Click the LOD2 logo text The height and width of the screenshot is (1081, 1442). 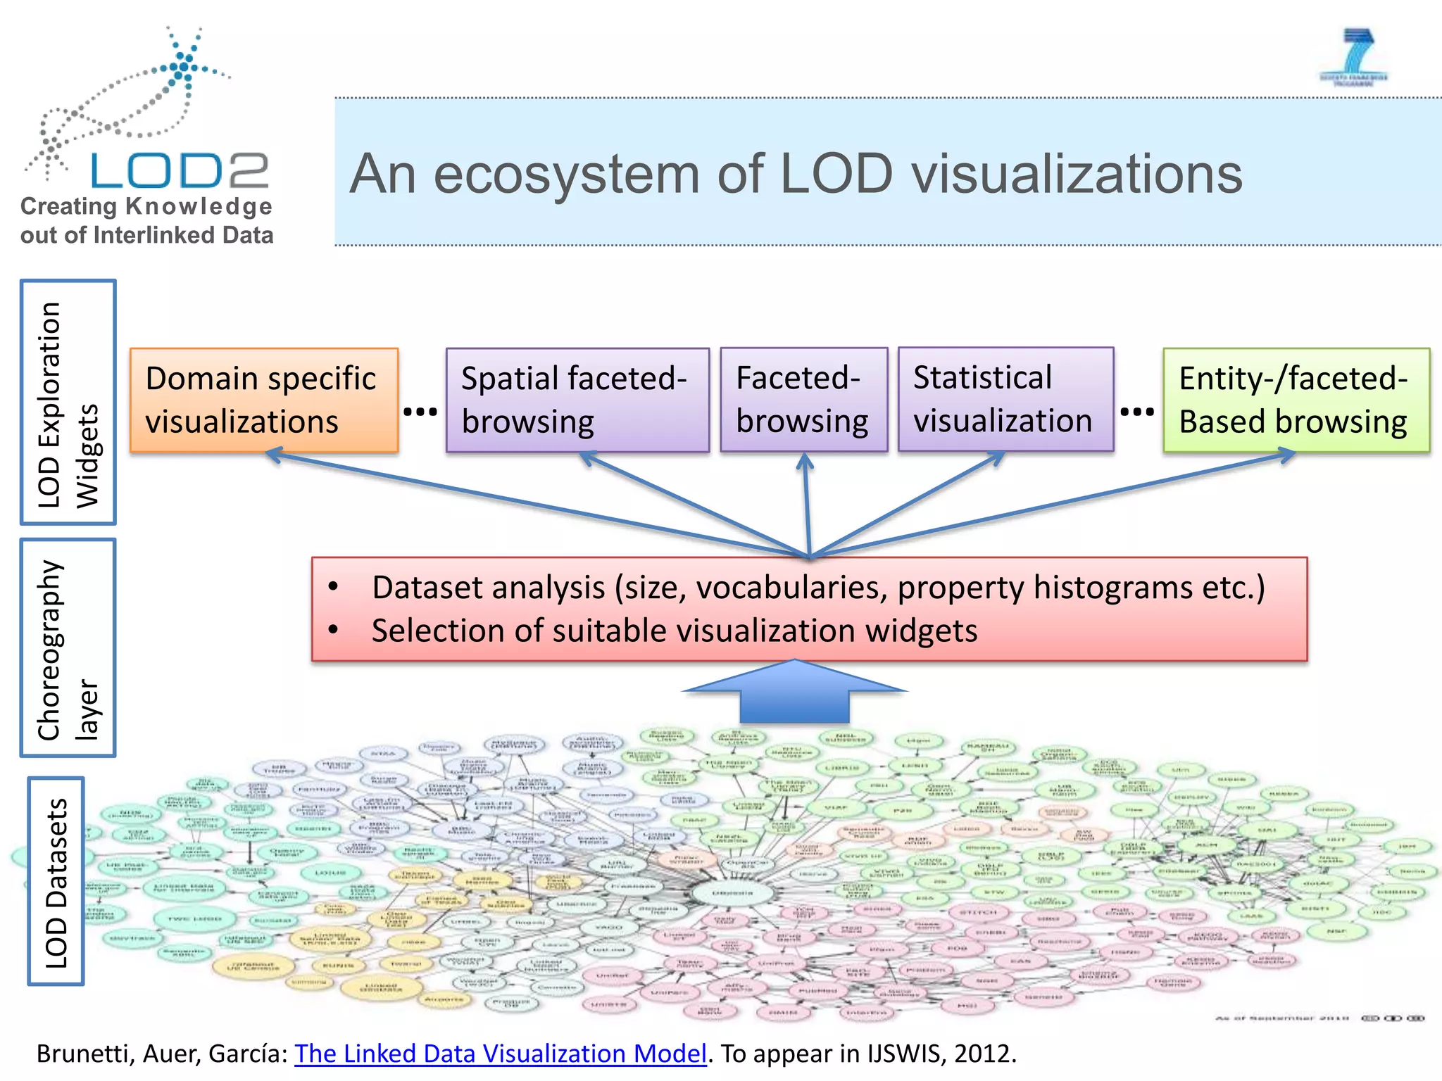180,171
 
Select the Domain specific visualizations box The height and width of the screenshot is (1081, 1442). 264,400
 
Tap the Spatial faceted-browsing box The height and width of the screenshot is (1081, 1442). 577,400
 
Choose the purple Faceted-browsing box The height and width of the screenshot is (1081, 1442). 803,400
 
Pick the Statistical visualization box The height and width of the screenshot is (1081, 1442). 1005,399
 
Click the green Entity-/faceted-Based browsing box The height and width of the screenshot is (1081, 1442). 1296,400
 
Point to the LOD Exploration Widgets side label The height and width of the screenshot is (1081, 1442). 68,403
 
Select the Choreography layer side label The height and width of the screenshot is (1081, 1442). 68,648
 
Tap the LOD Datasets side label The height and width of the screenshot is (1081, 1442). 56,881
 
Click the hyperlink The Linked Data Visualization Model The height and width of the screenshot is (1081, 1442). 500,1054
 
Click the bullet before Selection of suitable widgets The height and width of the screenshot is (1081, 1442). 334,630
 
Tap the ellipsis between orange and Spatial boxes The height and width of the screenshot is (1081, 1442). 420,412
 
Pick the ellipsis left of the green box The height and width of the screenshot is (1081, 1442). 1136,412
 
